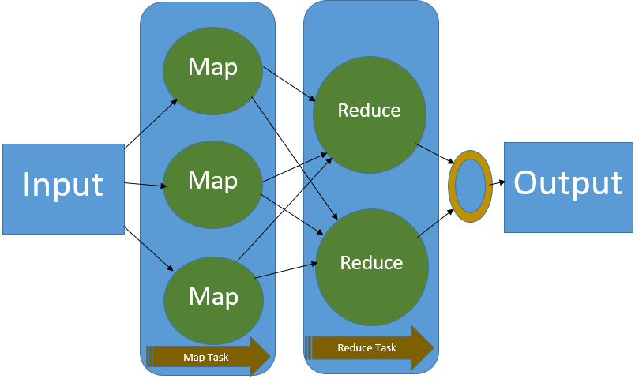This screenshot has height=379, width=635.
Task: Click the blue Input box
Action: point(63,189)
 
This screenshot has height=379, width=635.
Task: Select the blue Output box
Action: point(568,187)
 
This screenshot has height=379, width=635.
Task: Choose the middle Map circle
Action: point(212,181)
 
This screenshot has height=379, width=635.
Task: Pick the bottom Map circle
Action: point(212,296)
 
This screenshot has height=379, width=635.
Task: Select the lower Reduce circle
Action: point(371,263)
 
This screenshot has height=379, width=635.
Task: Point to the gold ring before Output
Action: point(470,188)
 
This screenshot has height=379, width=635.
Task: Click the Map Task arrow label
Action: point(207,357)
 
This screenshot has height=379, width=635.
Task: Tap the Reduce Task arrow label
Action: point(368,348)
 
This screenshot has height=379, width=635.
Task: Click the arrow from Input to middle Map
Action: point(145,186)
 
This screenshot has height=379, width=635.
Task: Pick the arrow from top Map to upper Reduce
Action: point(289,84)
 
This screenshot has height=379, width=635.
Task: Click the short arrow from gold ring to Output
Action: point(497,183)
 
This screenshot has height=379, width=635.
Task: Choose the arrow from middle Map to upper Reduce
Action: point(291,169)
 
